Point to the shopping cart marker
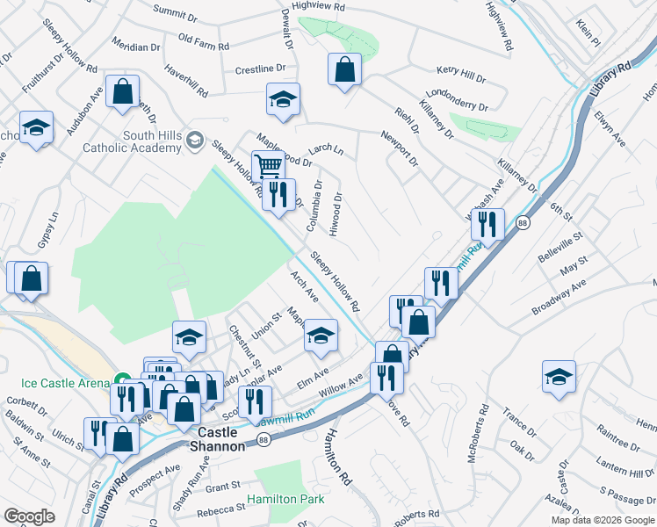coord(267,165)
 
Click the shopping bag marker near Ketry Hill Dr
coord(345,68)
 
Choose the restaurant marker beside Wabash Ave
coord(486,224)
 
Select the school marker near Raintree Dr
coord(559,376)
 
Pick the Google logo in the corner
coord(29,516)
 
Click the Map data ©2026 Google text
coord(603,520)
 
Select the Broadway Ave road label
coord(559,299)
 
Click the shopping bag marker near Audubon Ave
coord(122,90)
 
